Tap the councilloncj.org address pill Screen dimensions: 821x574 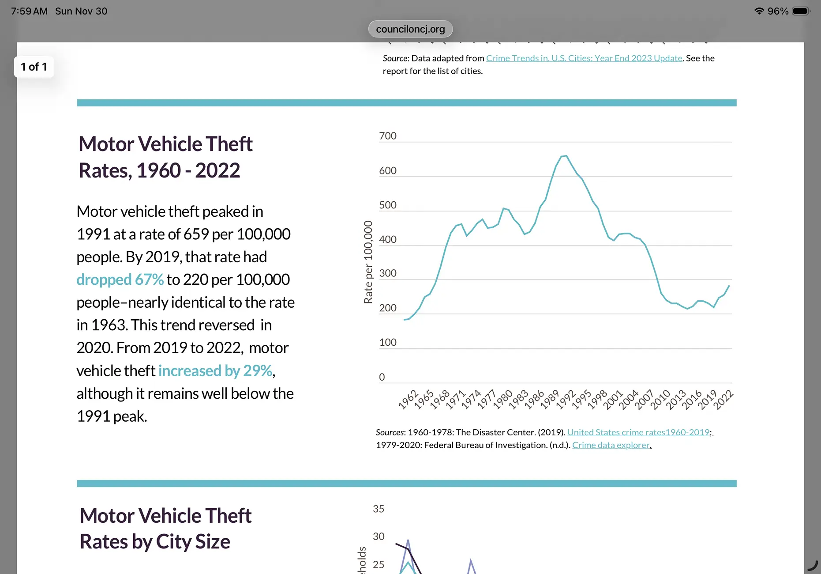click(410, 29)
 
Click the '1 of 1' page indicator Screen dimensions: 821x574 click(34, 67)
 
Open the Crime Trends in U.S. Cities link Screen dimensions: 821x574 click(584, 58)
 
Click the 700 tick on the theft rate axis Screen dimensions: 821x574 click(388, 136)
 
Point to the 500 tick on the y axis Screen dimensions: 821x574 click(388, 205)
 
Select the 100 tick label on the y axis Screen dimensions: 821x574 click(388, 342)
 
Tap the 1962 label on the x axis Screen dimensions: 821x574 click(408, 399)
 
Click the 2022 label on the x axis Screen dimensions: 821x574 click(723, 399)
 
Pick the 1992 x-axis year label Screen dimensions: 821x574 click(566, 399)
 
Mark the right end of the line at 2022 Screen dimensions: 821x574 click(729, 286)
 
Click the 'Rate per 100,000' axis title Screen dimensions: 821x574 click(368, 262)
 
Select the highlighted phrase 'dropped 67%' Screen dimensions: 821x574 click(120, 279)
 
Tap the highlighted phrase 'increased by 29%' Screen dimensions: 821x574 click(215, 371)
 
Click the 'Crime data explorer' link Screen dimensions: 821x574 click(611, 445)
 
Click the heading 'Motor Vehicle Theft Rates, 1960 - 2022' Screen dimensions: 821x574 click(166, 157)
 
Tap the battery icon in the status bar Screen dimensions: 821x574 click(801, 11)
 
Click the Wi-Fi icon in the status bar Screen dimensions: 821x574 click(759, 11)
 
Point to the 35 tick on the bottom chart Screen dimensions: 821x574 click(379, 509)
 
